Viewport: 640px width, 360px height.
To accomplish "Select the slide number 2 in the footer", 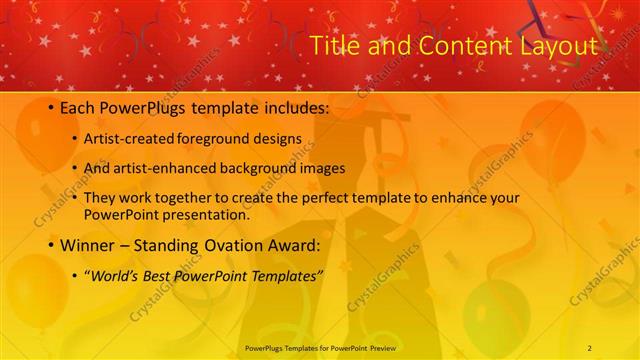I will coord(590,347).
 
